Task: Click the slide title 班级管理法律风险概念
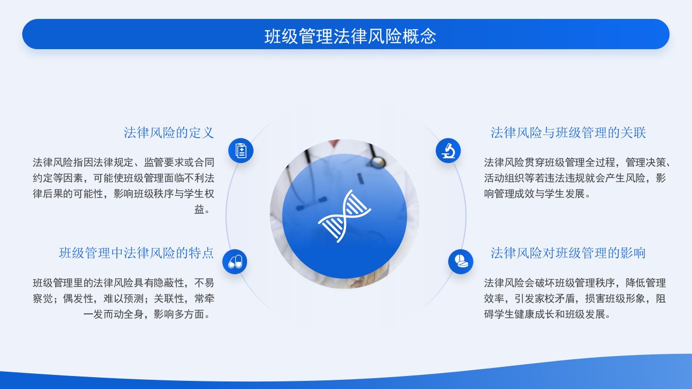(x=350, y=36)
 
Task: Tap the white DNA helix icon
(x=344, y=216)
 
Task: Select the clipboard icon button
(x=241, y=151)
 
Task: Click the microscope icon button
(x=448, y=151)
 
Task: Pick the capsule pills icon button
(x=235, y=262)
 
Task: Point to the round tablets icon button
(x=461, y=262)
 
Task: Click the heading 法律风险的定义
(x=169, y=133)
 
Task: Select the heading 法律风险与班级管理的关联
(x=568, y=133)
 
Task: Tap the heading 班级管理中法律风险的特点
(x=136, y=253)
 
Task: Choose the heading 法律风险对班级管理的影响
(x=568, y=253)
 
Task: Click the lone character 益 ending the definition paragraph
(x=199, y=210)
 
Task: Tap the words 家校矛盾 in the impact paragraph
(x=555, y=299)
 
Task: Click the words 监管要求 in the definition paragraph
(x=164, y=163)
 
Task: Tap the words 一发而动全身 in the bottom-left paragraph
(x=114, y=314)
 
